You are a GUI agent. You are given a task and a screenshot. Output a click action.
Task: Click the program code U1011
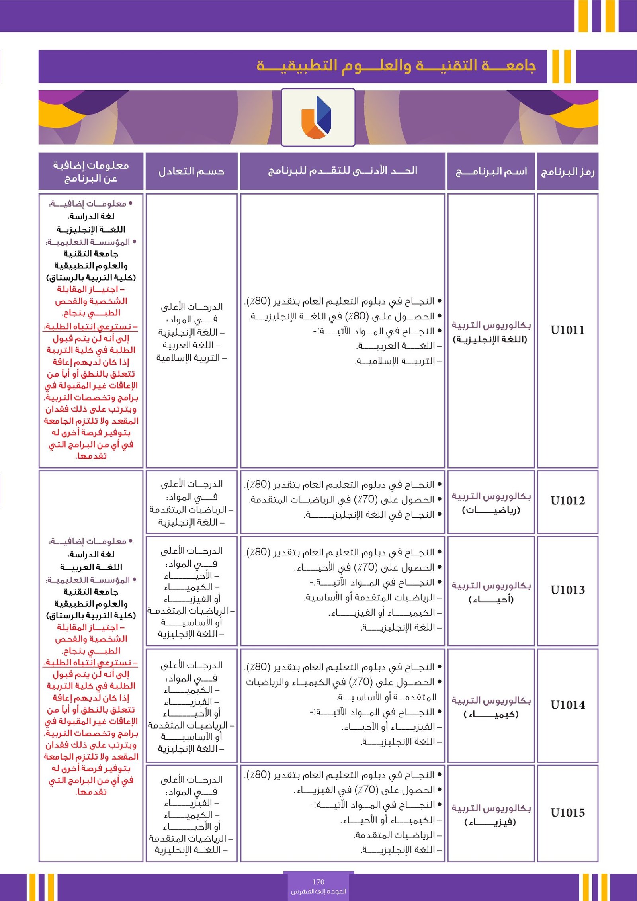click(x=567, y=330)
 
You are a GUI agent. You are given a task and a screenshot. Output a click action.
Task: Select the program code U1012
click(x=567, y=500)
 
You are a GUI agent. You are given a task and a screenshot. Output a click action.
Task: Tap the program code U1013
click(x=567, y=590)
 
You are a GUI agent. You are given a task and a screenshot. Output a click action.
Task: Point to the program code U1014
click(x=567, y=705)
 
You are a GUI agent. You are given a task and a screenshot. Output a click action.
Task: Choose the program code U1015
click(x=567, y=813)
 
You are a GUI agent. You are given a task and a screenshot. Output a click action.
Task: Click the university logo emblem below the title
click(x=318, y=117)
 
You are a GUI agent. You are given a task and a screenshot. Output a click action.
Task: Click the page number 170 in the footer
click(x=318, y=881)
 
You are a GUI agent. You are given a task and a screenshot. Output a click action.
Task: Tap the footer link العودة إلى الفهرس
click(x=318, y=891)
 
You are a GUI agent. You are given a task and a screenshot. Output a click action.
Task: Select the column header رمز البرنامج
click(x=567, y=172)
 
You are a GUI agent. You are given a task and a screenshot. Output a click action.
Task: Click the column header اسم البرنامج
click(x=491, y=172)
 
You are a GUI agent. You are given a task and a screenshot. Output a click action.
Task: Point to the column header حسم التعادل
click(x=191, y=172)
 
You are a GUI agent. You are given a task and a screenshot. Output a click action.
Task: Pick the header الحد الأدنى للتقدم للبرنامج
click(x=342, y=171)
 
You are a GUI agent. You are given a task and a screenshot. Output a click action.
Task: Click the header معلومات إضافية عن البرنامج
click(x=91, y=172)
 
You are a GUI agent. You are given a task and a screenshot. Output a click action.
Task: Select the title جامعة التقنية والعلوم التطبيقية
click(x=396, y=66)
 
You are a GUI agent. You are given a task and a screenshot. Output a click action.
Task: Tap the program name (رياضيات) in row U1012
click(x=491, y=510)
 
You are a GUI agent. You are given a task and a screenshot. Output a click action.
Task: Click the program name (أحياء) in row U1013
click(x=491, y=599)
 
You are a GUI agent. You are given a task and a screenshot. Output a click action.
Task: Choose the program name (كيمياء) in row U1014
click(x=491, y=714)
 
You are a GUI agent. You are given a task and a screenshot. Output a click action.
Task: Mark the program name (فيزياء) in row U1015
click(x=491, y=822)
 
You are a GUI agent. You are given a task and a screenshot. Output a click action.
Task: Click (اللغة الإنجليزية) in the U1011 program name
click(x=490, y=339)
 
